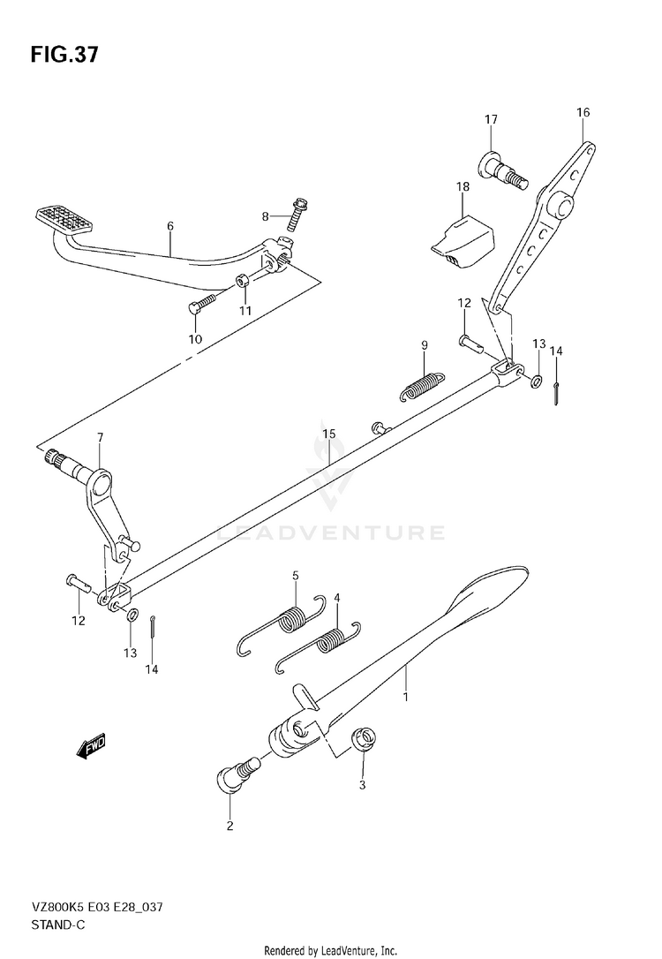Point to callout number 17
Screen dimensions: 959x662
click(491, 119)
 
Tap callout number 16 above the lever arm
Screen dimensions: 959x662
click(583, 112)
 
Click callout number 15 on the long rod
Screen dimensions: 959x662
click(328, 434)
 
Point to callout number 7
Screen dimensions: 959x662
click(100, 436)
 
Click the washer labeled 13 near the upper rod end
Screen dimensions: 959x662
click(535, 381)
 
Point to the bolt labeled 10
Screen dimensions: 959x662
click(198, 305)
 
